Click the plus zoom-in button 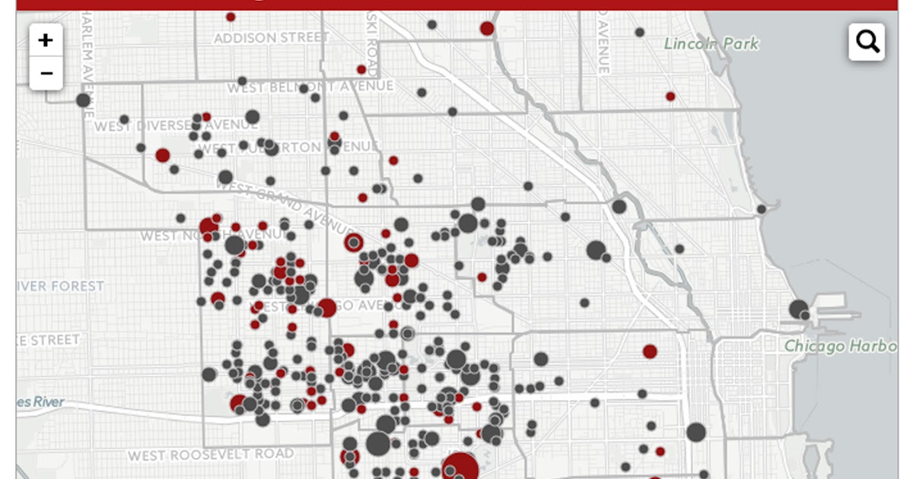coord(46,40)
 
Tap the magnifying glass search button coord(867,41)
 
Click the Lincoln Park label coord(711,44)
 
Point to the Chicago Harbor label coord(840,346)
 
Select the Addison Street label coord(272,36)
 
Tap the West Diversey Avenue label coord(177,125)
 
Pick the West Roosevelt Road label coord(210,455)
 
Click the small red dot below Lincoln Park coord(670,97)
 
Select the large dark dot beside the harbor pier coord(798,309)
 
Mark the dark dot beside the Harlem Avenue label coord(84,100)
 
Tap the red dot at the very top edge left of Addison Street coord(231,17)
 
